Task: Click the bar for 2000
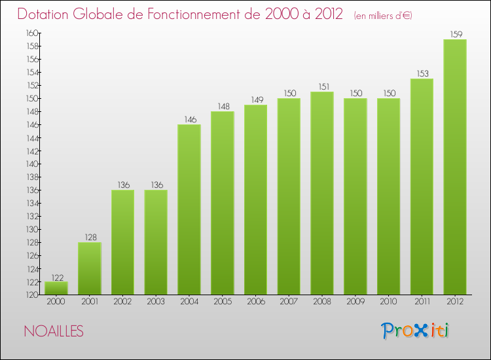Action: [x=56, y=288]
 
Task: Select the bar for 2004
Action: [x=189, y=209]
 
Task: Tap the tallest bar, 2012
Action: [x=455, y=167]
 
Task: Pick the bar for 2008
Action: [x=322, y=193]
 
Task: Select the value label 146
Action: [x=189, y=119]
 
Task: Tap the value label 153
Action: [x=422, y=73]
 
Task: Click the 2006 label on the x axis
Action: [x=255, y=302]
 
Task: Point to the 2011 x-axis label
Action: [x=422, y=302]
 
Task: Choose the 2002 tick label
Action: [x=122, y=302]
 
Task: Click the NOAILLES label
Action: [x=54, y=332]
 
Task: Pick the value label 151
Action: [x=322, y=86]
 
